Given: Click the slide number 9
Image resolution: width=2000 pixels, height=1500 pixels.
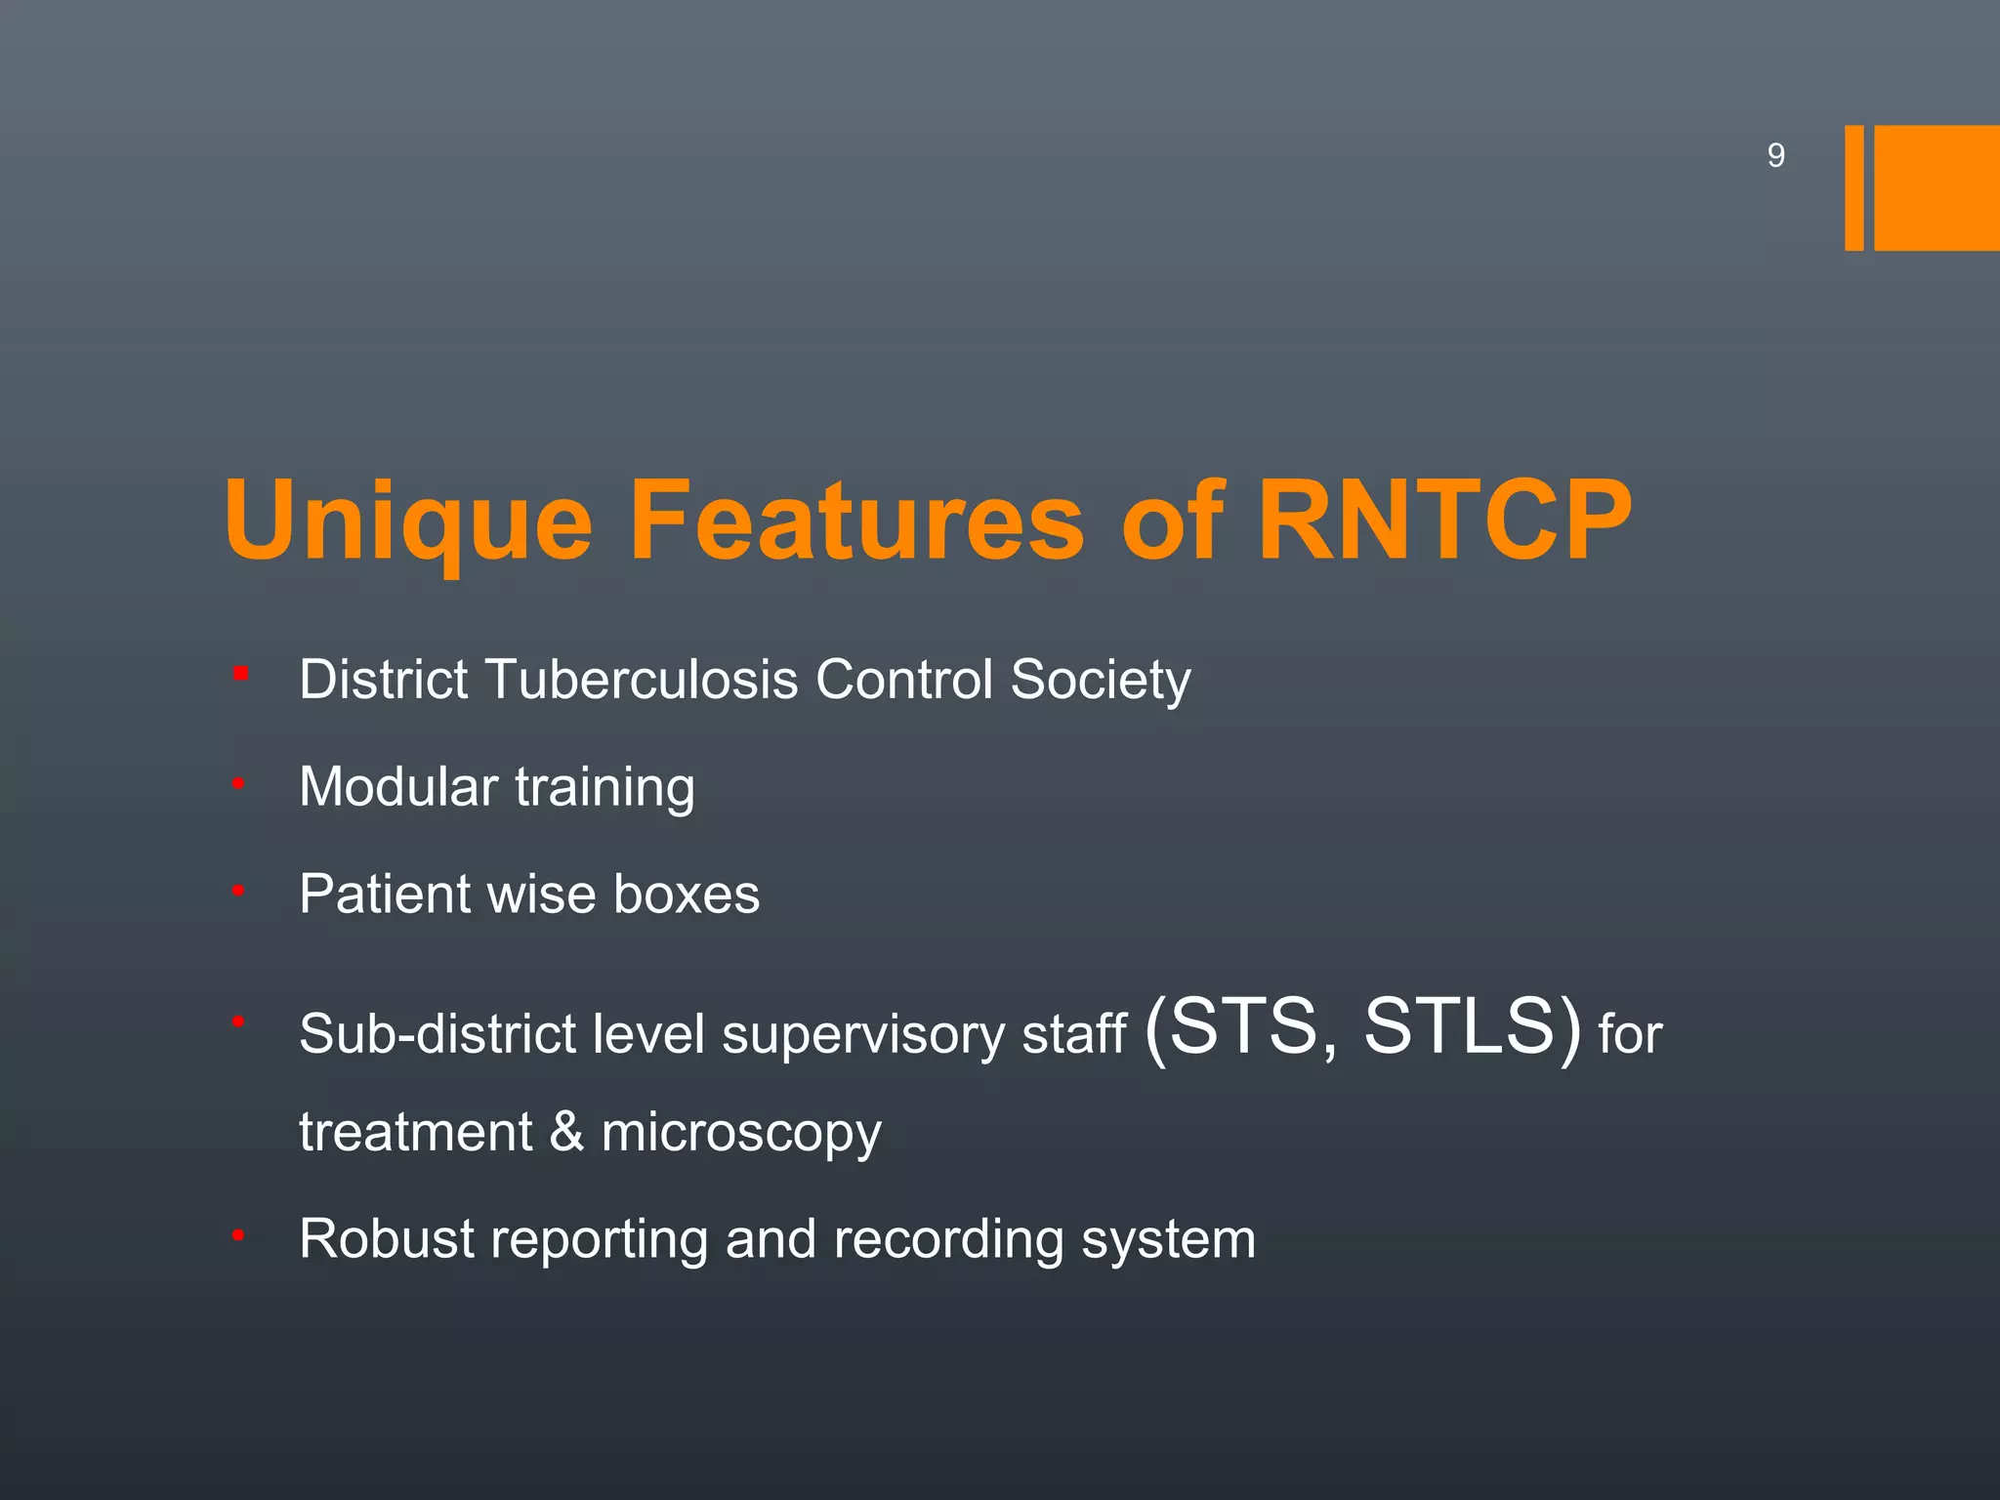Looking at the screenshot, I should [1775, 155].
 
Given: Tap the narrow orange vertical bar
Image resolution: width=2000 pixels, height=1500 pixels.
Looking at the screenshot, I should [1854, 187].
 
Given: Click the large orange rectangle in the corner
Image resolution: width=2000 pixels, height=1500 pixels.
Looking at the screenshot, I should [1937, 187].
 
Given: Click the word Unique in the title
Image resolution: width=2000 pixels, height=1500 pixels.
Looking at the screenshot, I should [408, 522].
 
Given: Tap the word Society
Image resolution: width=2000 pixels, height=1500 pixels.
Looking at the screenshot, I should [1101, 682].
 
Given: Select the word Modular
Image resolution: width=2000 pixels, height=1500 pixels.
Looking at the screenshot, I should [398, 787].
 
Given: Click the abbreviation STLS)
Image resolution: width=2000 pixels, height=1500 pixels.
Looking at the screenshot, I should [1471, 1027].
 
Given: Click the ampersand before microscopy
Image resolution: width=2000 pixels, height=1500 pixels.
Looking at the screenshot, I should [566, 1133].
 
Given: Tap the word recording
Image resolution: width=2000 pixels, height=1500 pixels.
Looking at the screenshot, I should [947, 1241].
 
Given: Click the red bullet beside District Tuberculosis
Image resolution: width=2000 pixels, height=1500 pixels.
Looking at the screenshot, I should [240, 673].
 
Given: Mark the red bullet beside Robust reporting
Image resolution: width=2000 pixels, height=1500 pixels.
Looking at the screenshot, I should [237, 1236].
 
